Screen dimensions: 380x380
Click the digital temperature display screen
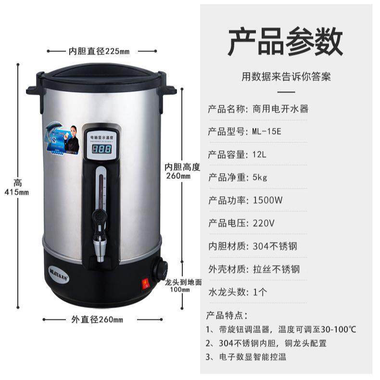[x=101, y=149]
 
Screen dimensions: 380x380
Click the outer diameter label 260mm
[x=97, y=319]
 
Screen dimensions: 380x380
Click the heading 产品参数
[x=285, y=42]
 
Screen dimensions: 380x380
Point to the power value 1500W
[x=267, y=201]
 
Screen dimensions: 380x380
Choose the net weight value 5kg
[x=260, y=177]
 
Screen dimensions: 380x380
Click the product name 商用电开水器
[x=280, y=109]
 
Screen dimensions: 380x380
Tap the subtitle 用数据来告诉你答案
[x=286, y=76]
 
